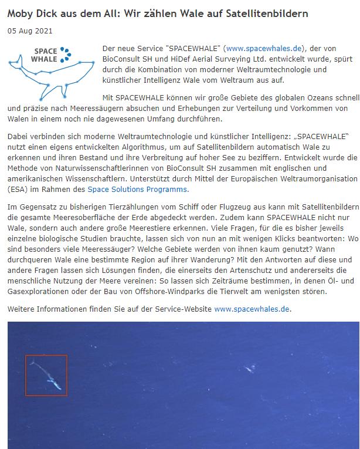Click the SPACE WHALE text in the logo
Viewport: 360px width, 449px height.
(45, 55)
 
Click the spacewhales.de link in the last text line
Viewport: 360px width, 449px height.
(252, 308)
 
